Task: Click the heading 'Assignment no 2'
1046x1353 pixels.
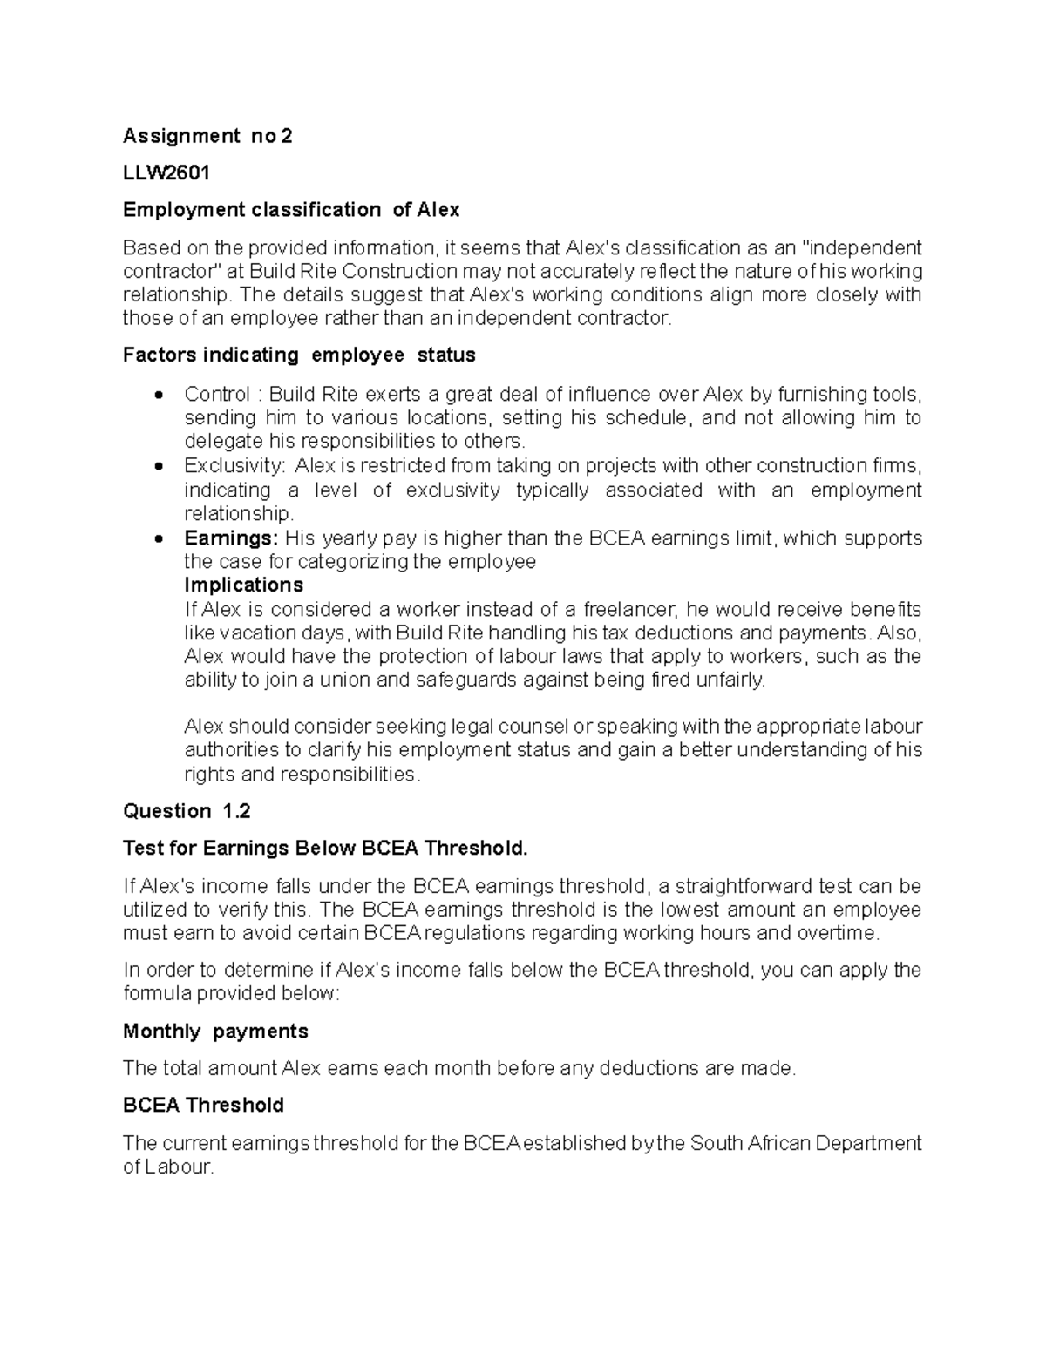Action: pyautogui.click(x=207, y=136)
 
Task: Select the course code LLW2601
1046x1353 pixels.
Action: pyautogui.click(x=166, y=173)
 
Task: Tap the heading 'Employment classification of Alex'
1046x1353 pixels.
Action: pyautogui.click(x=290, y=210)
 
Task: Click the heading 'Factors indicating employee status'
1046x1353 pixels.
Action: pyautogui.click(x=299, y=355)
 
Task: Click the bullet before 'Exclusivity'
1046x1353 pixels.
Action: pyautogui.click(x=158, y=468)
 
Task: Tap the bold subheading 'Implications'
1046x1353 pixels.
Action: pyautogui.click(x=243, y=585)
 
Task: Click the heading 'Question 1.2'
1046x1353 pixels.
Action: pyautogui.click(x=187, y=812)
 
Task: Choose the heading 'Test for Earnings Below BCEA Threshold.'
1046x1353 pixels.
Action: pyautogui.click(x=326, y=849)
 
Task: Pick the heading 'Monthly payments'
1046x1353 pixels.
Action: pyautogui.click(x=215, y=1032)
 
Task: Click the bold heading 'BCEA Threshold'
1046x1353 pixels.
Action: pyautogui.click(x=203, y=1106)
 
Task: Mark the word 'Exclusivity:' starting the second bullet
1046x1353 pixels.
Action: pyautogui.click(x=234, y=466)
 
